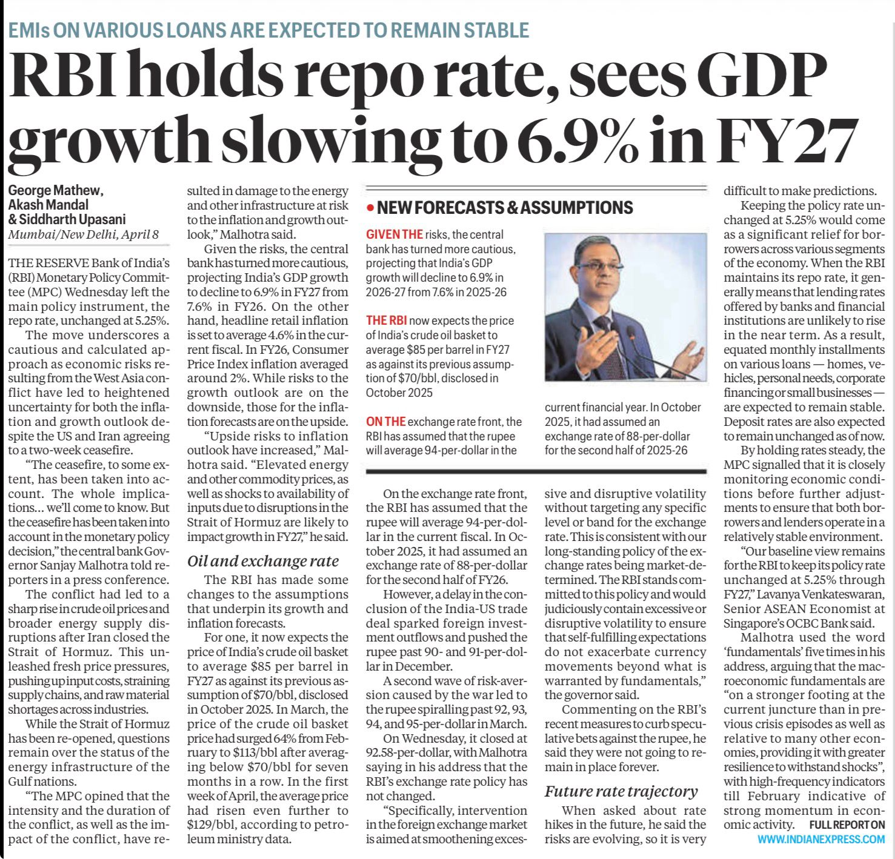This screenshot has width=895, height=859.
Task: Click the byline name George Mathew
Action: pos(56,191)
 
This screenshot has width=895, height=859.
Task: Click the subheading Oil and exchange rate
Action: pos(263,561)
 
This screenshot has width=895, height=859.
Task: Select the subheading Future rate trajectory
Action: pos(621,791)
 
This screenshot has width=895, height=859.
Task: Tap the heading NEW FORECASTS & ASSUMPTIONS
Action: pos(505,208)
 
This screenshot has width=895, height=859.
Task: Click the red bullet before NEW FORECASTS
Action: pos(370,208)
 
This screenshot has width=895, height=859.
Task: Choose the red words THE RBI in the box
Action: pos(386,320)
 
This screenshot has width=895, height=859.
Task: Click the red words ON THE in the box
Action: pos(385,422)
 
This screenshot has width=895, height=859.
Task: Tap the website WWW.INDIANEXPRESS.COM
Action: pos(821,839)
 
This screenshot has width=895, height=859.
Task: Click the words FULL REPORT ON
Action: pos(847,824)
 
